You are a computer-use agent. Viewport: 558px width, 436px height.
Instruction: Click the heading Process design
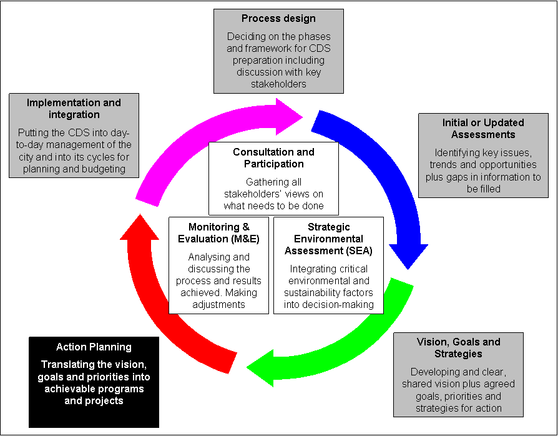coord(278,19)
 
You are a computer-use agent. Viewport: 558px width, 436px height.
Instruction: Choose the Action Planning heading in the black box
coord(94,347)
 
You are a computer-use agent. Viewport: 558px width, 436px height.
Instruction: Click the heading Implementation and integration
coord(74,109)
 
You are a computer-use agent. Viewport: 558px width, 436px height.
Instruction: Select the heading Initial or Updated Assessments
coord(479,129)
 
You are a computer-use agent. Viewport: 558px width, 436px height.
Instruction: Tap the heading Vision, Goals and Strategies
coord(458,348)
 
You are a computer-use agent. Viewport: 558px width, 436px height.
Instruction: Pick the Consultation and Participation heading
coord(273,158)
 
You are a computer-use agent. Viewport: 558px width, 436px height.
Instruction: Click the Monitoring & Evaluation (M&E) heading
coord(218,233)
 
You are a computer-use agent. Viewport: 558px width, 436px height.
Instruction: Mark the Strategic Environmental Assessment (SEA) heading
coord(328,239)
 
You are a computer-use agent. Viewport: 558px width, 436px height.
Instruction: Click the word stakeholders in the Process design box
coord(279,84)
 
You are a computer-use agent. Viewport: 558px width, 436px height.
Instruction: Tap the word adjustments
coord(218,304)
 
